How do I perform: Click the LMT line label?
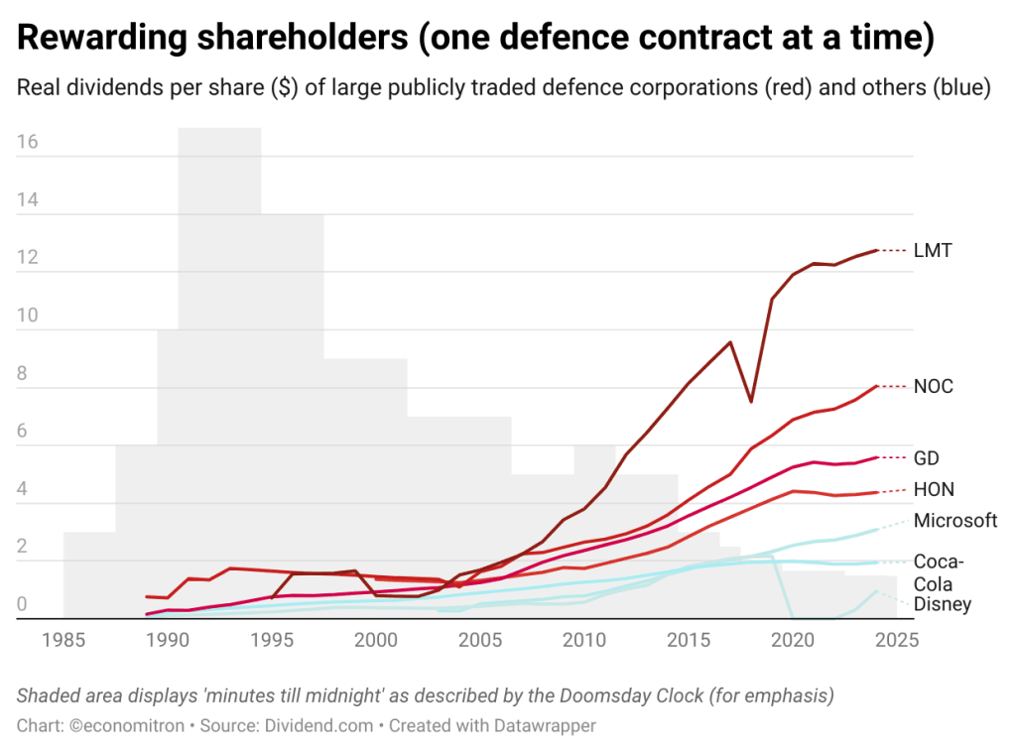coord(933,251)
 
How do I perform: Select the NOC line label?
coord(934,386)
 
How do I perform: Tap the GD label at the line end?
coord(927,458)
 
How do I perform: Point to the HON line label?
coord(932,489)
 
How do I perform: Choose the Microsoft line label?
coord(955,520)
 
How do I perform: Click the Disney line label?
coord(943,604)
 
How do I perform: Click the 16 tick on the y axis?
coord(28,142)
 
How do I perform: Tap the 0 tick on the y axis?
coord(23,604)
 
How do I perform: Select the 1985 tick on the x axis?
coord(63,640)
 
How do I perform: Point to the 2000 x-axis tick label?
coord(375,640)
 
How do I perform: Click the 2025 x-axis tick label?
coord(896,640)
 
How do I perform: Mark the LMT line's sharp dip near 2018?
coord(751,400)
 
